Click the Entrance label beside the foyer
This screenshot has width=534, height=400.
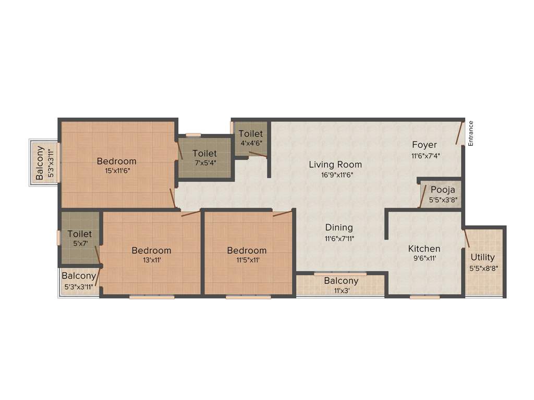coord(470,133)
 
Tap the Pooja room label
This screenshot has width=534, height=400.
coord(443,190)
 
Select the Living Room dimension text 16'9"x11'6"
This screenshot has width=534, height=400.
coord(335,175)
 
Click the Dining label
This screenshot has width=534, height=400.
coord(339,228)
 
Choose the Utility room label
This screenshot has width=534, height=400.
coord(483,257)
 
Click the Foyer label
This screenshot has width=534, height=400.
coord(424,145)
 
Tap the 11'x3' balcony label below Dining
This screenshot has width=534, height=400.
coord(341,281)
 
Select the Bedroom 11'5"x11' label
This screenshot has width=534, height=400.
coord(247,251)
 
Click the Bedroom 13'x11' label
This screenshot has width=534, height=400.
coord(151,251)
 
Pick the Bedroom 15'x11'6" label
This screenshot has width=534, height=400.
coord(117,161)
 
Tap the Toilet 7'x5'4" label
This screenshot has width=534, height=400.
coord(204,154)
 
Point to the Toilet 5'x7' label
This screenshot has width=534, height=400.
coord(80,234)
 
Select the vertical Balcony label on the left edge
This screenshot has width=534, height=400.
coord(40,163)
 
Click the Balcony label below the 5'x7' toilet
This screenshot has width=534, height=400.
coord(79,276)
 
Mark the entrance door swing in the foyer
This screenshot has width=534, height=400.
coord(459,133)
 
